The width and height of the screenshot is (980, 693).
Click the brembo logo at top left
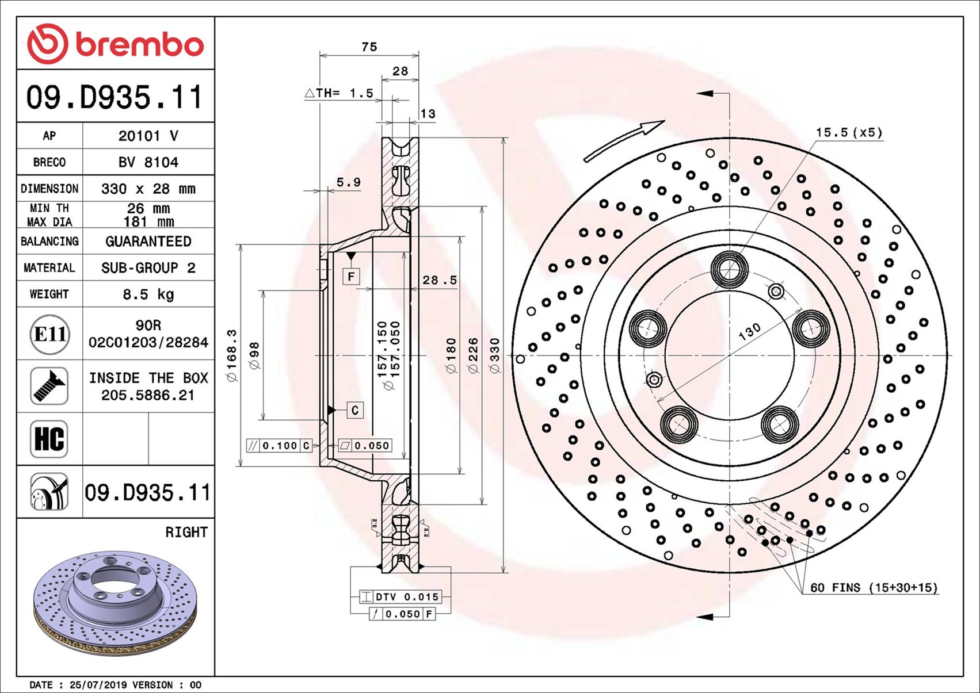tap(115, 44)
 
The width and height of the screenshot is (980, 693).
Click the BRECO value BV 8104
tap(148, 162)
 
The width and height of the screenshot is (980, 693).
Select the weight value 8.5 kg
tap(148, 294)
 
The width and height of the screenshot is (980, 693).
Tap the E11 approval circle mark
tap(49, 334)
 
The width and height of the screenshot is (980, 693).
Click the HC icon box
tap(49, 439)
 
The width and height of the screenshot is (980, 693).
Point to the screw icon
tap(49, 386)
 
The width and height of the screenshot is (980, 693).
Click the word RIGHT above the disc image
tap(186, 533)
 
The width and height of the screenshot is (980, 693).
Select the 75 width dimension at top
tap(369, 47)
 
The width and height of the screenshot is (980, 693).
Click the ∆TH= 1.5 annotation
tap(340, 93)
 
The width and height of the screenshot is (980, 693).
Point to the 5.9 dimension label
tap(348, 182)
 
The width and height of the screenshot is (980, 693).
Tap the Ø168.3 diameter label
tap(232, 355)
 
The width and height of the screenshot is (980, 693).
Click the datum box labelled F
tap(351, 277)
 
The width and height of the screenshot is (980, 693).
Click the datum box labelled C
tap(354, 410)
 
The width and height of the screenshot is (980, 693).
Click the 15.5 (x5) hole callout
tap(849, 132)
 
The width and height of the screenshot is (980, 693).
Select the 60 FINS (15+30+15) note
tap(874, 588)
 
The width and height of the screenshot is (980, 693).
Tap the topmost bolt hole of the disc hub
tap(729, 269)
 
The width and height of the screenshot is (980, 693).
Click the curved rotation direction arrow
tap(624, 141)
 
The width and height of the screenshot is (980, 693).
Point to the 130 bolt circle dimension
tap(749, 331)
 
